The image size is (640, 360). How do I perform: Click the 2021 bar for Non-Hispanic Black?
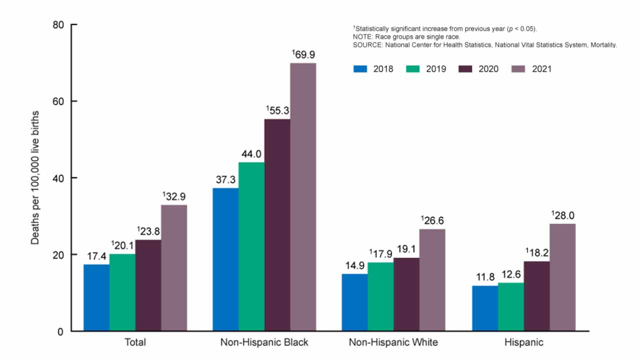tap(303, 197)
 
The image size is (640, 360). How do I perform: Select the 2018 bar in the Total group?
tap(96, 297)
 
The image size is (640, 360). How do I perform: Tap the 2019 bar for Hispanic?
tap(511, 306)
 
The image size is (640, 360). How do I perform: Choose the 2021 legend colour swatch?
tap(518, 69)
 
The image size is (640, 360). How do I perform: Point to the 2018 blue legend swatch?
tap(360, 69)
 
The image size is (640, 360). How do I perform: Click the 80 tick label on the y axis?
tap(58, 24)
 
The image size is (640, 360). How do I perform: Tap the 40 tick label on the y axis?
tap(58, 178)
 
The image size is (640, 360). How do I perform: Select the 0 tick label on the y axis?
tap(61, 331)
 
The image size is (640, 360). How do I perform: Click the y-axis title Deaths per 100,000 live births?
tap(35, 177)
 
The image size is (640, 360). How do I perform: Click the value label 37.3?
tap(225, 179)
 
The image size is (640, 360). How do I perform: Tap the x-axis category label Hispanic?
tap(524, 342)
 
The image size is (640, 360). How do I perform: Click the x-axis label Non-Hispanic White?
tap(393, 342)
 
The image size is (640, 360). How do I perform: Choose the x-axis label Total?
tap(135, 342)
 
